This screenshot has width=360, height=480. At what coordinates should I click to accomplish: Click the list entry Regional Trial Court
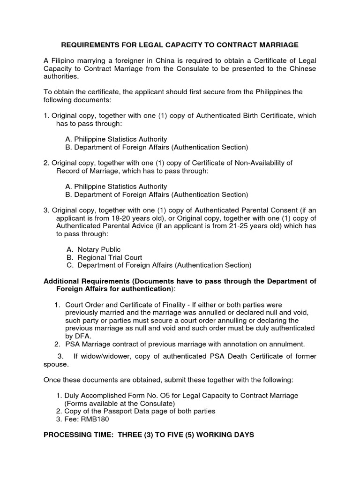[110, 257]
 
